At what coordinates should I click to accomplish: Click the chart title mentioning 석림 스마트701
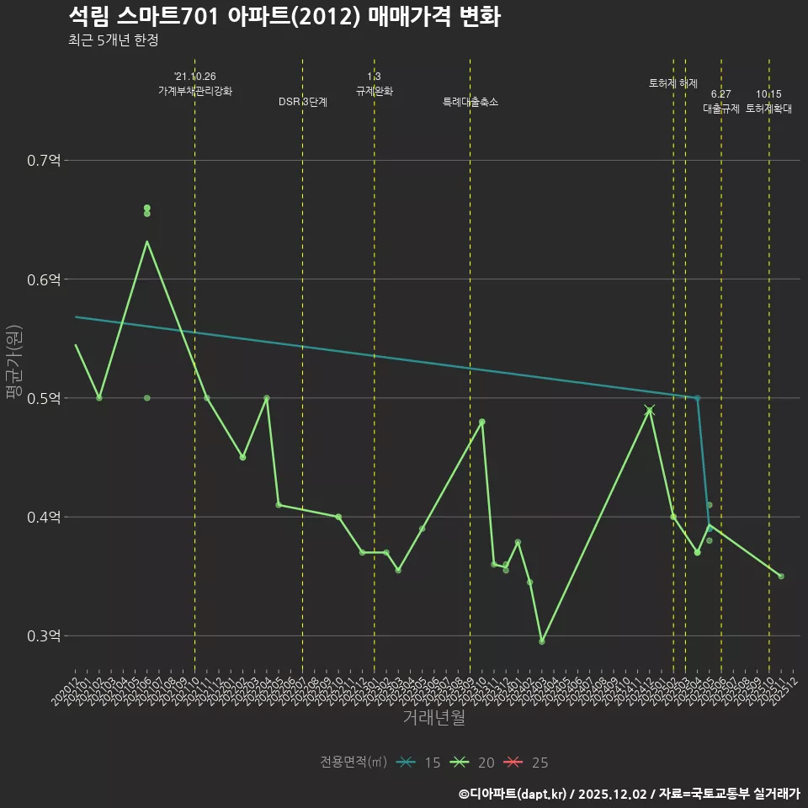click(x=284, y=16)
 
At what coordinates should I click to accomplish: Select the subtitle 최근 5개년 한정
click(x=113, y=40)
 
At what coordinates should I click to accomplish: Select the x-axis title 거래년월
click(x=433, y=718)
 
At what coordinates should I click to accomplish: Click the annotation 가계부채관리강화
click(x=195, y=90)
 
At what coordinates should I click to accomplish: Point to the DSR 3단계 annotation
click(x=303, y=102)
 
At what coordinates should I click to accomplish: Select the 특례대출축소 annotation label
click(x=470, y=102)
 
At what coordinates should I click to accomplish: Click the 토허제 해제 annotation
click(x=673, y=83)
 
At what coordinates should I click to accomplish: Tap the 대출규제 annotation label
click(x=721, y=109)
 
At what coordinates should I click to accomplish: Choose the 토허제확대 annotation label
click(x=768, y=109)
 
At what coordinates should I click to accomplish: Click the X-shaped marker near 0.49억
click(x=649, y=410)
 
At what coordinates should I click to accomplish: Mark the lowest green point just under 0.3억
click(x=542, y=641)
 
